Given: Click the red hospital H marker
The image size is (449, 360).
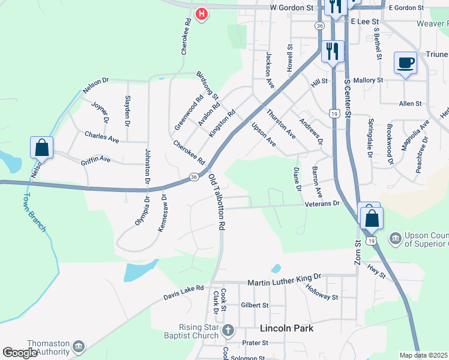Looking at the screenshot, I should (x=202, y=13).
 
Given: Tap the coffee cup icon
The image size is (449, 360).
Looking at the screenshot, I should (x=405, y=62).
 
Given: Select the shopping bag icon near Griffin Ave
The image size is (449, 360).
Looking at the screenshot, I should (x=41, y=147).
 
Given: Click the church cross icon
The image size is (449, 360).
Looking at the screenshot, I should (x=228, y=330).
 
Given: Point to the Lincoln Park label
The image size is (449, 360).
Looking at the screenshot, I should (x=287, y=329).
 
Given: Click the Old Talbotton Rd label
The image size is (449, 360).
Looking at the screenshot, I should (x=216, y=203).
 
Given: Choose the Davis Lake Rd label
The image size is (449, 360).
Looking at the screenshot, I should (x=184, y=293).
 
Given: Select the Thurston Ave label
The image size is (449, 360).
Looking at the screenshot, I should (x=281, y=124).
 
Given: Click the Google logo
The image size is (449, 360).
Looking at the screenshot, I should (x=20, y=353).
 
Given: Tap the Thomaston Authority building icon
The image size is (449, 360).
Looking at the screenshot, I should (x=79, y=347).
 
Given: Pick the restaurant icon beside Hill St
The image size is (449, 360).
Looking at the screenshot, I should (x=333, y=51).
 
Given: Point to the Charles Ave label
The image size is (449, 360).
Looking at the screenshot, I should (x=101, y=137).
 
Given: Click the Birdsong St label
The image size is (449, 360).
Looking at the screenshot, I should (x=208, y=85).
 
